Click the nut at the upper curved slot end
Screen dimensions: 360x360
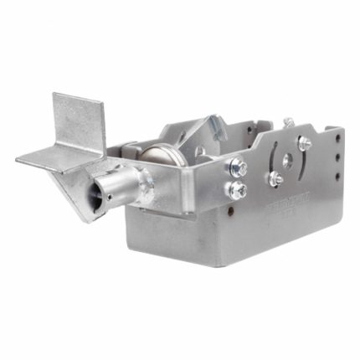click(305, 143)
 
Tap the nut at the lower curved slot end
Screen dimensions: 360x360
click(274, 178)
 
